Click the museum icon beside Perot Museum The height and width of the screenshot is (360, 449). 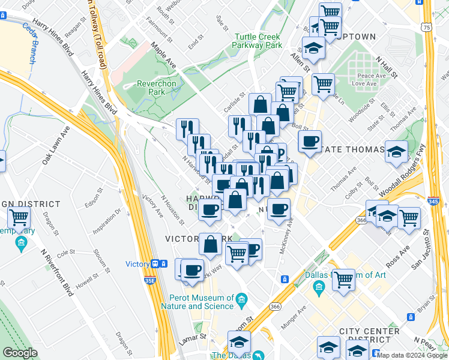tap(241, 299)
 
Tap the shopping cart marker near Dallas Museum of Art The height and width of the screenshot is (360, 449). tap(344, 279)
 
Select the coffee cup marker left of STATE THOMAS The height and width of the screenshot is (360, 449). tap(310, 142)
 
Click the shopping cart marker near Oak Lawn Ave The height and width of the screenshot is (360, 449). tap(20, 217)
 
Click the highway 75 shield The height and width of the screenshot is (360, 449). tap(426, 27)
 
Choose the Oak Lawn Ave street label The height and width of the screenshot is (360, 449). tap(56, 145)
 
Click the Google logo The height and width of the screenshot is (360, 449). tap(20, 353)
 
